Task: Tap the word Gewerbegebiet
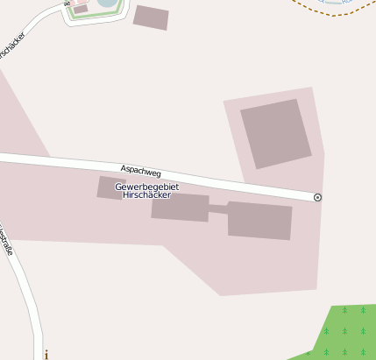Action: (142, 187)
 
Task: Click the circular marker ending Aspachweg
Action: (317, 198)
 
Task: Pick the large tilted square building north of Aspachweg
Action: (276, 132)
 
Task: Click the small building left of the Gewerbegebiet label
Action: (111, 187)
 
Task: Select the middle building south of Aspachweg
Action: (180, 208)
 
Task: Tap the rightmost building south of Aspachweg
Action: (259, 220)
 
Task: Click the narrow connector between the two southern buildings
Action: (218, 208)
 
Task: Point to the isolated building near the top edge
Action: (151, 18)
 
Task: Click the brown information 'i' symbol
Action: (46, 355)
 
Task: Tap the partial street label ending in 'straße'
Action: (7, 240)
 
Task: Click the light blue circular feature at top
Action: (107, 3)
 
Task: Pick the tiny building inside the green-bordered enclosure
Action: (81, 10)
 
